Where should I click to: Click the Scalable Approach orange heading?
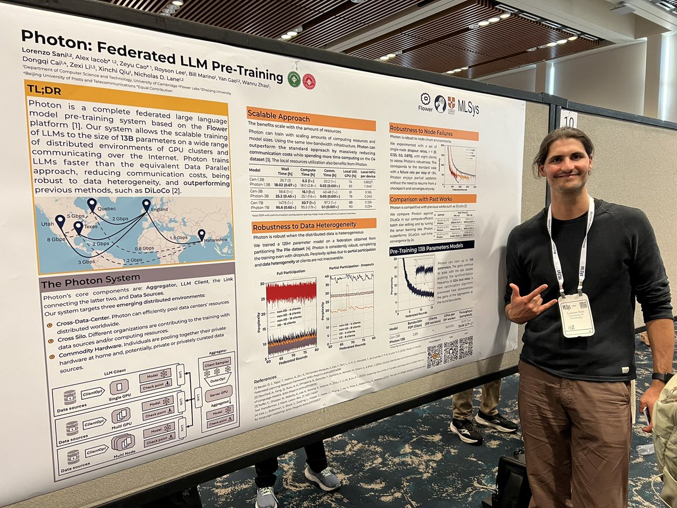[279, 119]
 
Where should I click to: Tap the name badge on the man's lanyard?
[576, 315]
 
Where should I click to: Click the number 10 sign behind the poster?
[568, 119]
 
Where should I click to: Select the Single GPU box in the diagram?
[120, 389]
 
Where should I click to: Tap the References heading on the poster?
[265, 378]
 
